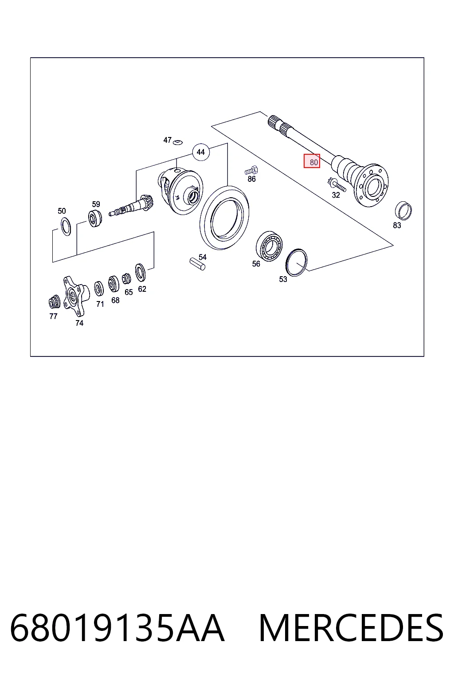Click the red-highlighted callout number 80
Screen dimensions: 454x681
pos(312,161)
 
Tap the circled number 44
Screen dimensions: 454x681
pos(201,152)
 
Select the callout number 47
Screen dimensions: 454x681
pos(167,140)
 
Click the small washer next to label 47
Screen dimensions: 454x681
pos(178,142)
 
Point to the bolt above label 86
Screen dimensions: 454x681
pos(251,170)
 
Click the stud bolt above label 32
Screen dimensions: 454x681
pos(337,184)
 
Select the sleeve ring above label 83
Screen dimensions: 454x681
pos(403,211)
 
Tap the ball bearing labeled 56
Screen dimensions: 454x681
pos(269,246)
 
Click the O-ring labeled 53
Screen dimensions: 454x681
pos(297,262)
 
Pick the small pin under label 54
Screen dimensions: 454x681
pos(197,264)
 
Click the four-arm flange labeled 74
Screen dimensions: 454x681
pos(76,296)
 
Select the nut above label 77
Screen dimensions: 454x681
pos(55,302)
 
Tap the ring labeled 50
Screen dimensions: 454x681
pos(66,227)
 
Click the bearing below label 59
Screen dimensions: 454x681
pos(95,218)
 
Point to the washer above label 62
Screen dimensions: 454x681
pos(140,272)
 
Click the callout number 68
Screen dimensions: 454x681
pos(115,300)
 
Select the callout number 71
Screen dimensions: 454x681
pos(100,304)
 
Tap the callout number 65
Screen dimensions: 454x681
pos(129,292)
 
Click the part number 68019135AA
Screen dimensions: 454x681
pos(117,628)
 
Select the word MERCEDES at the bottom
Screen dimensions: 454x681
pos(351,628)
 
